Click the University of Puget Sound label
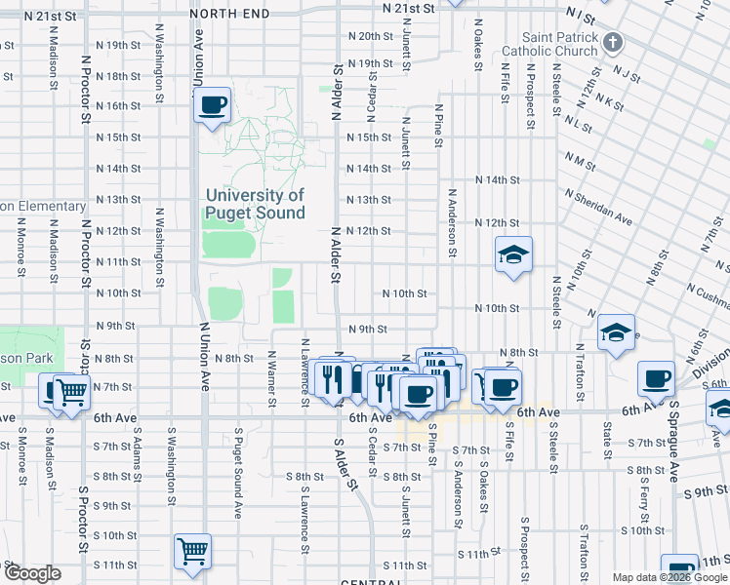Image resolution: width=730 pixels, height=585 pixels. pyautogui.click(x=255, y=204)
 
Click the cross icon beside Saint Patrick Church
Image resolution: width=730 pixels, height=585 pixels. pyautogui.click(x=612, y=43)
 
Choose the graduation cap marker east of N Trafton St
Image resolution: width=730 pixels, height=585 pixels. pyautogui.click(x=617, y=333)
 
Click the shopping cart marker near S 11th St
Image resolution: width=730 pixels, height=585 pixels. pyautogui.click(x=192, y=551)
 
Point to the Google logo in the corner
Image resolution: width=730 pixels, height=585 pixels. pyautogui.click(x=32, y=574)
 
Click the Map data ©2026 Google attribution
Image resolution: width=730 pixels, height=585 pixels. pyautogui.click(x=669, y=577)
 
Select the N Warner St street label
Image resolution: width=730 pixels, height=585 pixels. pyautogui.click(x=271, y=374)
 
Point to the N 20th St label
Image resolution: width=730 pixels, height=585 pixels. pyautogui.click(x=370, y=36)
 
